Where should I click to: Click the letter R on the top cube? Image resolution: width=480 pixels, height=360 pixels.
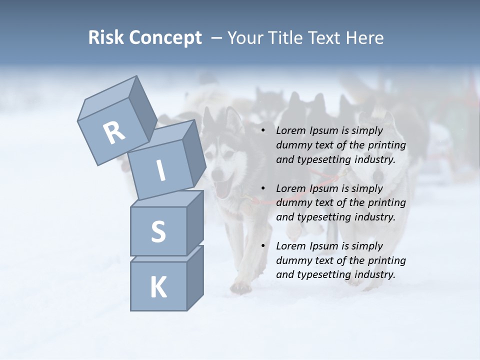(x=114, y=132)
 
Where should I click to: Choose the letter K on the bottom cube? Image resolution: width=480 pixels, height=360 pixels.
(x=158, y=287)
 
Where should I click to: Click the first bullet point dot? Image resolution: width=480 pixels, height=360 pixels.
(x=263, y=131)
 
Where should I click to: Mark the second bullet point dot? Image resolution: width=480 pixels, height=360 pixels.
(x=263, y=188)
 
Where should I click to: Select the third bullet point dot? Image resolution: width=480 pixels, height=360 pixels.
(x=263, y=246)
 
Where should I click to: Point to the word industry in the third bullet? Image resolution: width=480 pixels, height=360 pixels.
(x=371, y=274)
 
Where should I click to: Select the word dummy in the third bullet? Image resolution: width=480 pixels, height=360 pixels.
(x=292, y=260)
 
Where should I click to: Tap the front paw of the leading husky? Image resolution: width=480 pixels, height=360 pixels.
(x=242, y=286)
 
